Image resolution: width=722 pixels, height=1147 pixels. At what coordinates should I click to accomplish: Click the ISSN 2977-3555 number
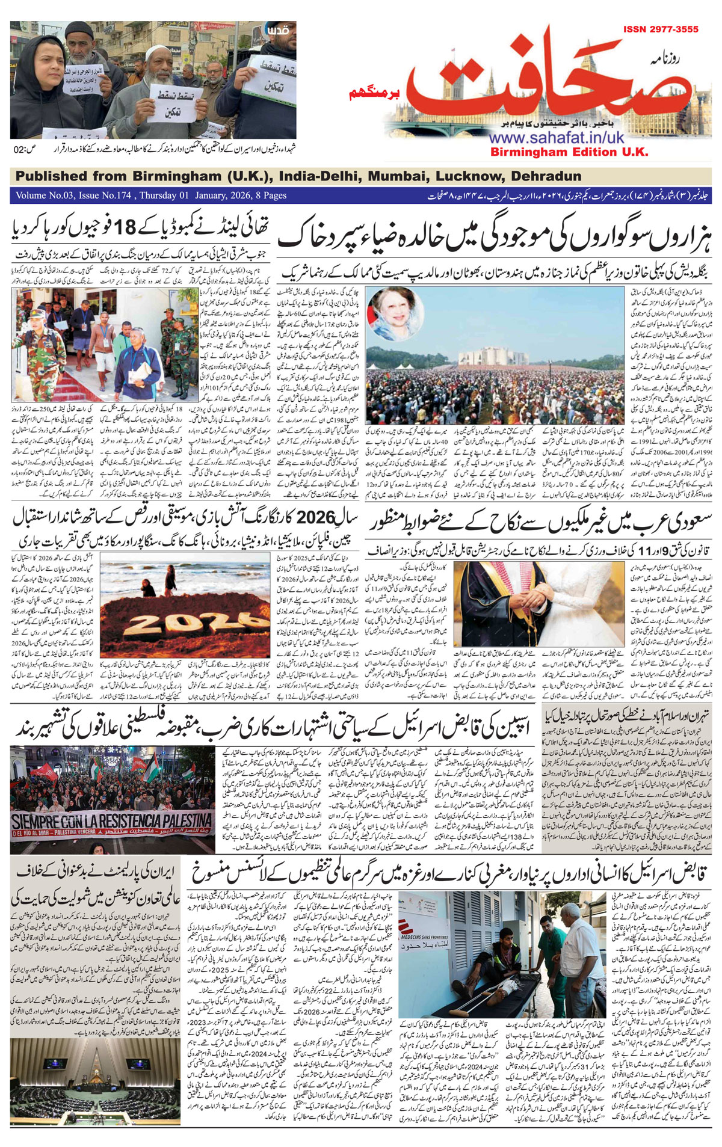[x=660, y=29]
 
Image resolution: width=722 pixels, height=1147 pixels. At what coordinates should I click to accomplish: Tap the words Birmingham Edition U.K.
[x=569, y=152]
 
